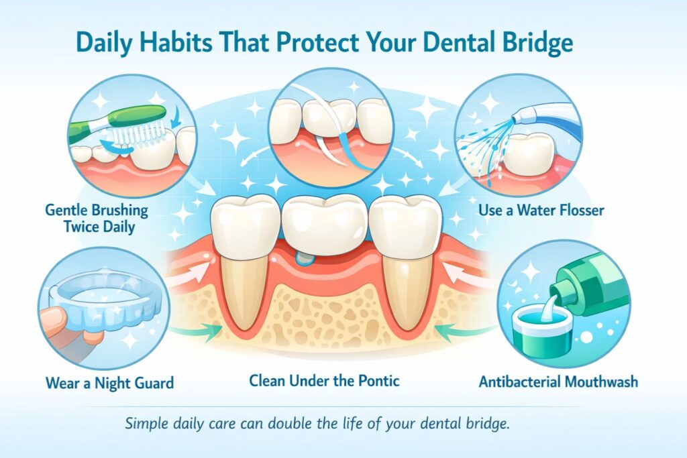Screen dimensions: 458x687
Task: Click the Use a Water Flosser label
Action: [x=541, y=211]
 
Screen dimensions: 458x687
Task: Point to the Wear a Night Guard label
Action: [x=110, y=383]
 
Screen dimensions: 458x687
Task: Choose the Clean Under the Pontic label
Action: [x=324, y=381]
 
